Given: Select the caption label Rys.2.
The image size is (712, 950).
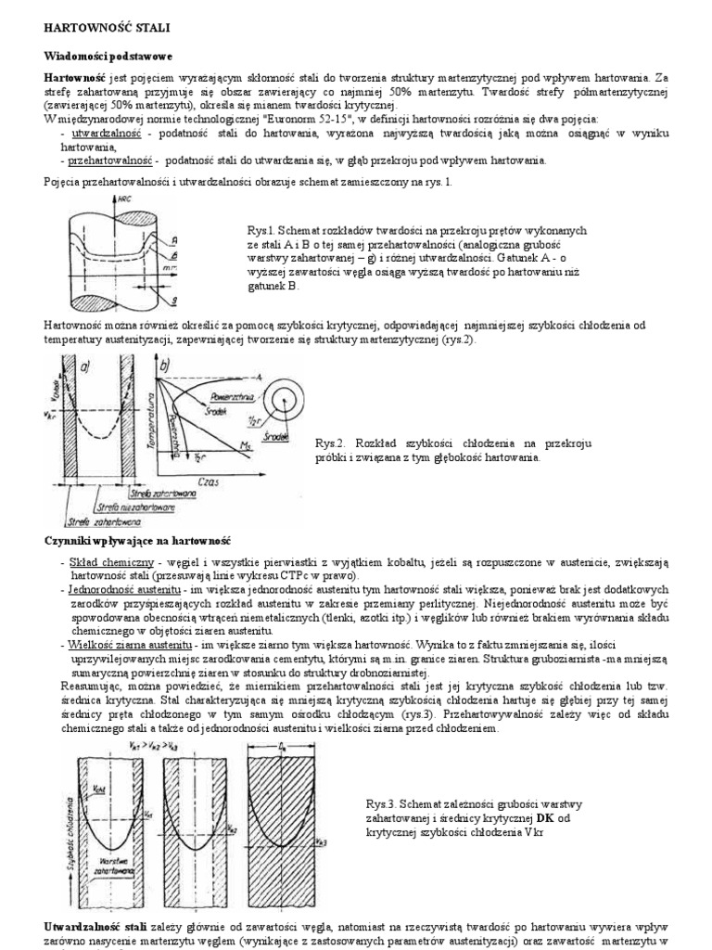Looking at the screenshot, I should (331, 443).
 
